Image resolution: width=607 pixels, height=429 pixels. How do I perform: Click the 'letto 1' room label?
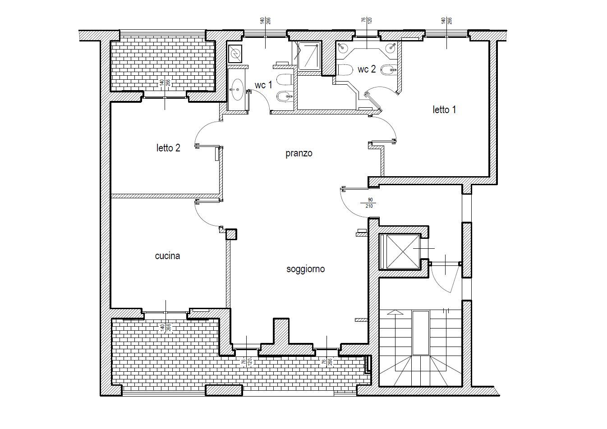click(444, 110)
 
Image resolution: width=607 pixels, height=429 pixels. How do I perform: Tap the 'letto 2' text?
click(168, 148)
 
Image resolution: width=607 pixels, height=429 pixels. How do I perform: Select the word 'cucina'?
click(167, 256)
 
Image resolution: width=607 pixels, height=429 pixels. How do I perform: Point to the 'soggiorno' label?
click(305, 269)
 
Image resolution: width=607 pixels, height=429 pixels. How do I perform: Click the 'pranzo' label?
click(299, 154)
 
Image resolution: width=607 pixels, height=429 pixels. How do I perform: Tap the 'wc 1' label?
click(263, 85)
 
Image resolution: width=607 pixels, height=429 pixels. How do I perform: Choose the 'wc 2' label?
click(366, 69)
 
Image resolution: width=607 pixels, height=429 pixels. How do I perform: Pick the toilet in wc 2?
click(345, 70)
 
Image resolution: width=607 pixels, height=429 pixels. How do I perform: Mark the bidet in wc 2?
click(388, 70)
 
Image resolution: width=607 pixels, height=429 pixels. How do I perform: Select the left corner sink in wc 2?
click(343, 48)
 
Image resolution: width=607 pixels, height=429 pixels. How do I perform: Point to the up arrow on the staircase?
click(395, 312)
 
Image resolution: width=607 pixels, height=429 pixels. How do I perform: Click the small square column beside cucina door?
click(231, 234)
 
